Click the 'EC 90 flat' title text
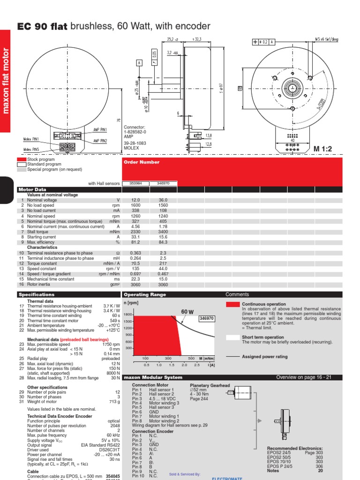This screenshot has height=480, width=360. click(42, 26)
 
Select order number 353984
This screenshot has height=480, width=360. click(135, 183)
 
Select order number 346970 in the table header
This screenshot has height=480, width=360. click(163, 183)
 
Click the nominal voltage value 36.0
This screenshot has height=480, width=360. click(163, 200)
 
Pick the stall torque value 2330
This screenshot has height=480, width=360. click(135, 232)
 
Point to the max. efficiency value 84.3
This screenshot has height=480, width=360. click(163, 242)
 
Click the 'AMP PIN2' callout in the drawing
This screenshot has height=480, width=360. click(100, 141)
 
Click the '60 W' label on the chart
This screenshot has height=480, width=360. click(187, 312)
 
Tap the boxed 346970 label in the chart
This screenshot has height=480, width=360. click(206, 318)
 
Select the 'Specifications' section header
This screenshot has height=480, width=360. click(37, 295)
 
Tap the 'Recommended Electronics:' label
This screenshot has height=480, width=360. click(295, 449)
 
